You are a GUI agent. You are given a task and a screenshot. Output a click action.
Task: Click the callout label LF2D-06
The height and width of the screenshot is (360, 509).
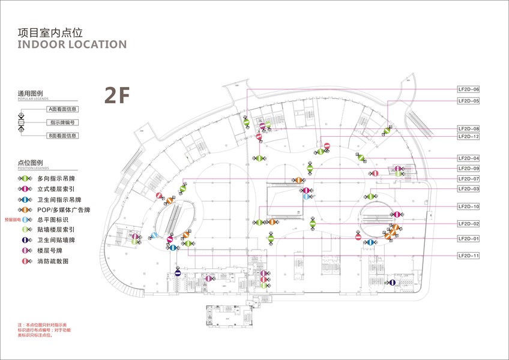pos(468,89)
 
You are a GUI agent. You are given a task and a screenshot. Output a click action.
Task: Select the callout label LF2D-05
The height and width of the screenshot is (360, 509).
pos(468,101)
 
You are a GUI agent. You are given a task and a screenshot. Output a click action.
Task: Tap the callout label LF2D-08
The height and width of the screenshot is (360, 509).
pos(468,129)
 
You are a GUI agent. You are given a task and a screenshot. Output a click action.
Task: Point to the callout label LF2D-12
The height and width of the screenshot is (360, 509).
pos(468,136)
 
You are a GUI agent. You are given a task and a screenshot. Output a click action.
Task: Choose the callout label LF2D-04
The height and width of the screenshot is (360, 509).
pos(468,158)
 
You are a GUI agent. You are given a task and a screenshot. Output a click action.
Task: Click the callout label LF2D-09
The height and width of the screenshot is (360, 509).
pos(468,169)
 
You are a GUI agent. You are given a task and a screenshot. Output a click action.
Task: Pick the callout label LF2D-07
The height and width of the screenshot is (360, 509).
pos(468,179)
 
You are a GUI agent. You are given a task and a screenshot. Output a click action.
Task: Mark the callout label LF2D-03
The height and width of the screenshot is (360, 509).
pos(468,189)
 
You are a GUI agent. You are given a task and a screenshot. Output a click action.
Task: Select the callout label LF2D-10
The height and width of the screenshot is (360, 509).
pos(468,206)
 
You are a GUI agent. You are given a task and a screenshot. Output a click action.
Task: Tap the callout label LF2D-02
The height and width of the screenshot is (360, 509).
pos(468,224)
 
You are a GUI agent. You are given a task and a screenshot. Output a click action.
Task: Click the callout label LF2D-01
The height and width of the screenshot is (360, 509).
pos(468,239)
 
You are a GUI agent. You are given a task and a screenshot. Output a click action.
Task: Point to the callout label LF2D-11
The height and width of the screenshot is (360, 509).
pos(468,256)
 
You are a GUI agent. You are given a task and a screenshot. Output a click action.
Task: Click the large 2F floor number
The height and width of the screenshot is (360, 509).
pos(117,95)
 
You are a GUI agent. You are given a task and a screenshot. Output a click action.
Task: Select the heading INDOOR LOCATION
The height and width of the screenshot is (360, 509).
pos(72,44)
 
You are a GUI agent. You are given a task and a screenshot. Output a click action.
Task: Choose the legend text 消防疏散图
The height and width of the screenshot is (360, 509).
pos(53,262)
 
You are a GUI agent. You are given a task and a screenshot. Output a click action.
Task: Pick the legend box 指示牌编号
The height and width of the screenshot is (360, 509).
pos(63,123)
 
